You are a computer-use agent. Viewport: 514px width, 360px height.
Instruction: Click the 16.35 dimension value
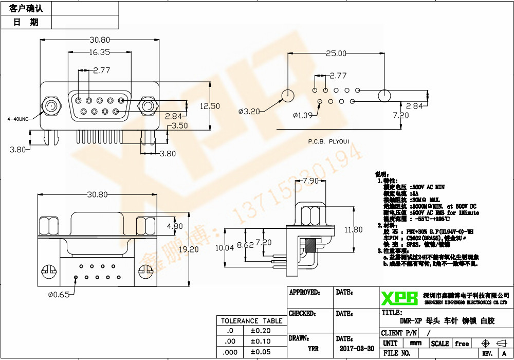click(x=99, y=52)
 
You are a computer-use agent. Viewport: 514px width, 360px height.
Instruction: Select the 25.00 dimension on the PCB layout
click(x=336, y=53)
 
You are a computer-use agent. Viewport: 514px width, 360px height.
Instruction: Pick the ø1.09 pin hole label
click(x=302, y=115)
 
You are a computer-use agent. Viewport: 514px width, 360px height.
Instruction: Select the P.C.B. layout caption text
click(x=328, y=141)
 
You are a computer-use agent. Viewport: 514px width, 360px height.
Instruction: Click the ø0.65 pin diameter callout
click(x=59, y=295)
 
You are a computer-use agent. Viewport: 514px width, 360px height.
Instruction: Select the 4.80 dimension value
click(x=175, y=226)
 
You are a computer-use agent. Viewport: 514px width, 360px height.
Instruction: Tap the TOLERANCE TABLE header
click(x=251, y=321)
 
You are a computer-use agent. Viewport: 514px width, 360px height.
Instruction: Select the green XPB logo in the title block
click(x=399, y=297)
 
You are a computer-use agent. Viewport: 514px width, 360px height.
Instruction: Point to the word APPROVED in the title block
click(x=304, y=293)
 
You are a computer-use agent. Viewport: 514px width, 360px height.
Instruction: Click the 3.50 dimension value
click(x=180, y=125)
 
